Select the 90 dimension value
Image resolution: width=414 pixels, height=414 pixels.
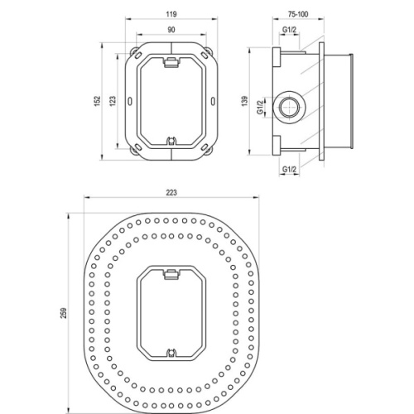[171, 31]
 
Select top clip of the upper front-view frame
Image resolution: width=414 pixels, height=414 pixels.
[171, 60]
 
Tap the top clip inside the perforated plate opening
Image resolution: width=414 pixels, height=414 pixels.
[171, 271]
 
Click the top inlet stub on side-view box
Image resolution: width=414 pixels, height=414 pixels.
[289, 46]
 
